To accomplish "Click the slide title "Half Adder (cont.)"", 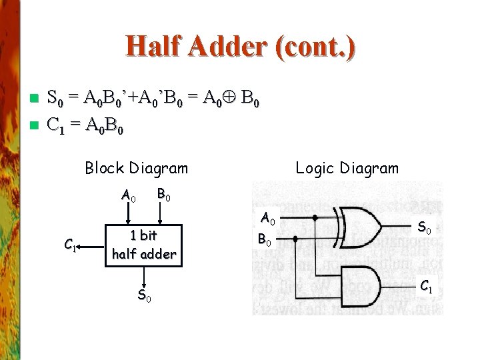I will [x=240, y=46].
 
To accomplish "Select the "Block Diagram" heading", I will [x=137, y=168].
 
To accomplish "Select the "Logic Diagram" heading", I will [x=347, y=168].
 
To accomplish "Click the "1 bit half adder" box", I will [x=144, y=244].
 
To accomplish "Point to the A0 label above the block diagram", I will [x=129, y=196].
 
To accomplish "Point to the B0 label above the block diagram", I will [x=163, y=195].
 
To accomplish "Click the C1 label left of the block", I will [x=70, y=245].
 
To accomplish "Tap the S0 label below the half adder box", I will [x=144, y=295].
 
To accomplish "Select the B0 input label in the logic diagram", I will [x=265, y=239].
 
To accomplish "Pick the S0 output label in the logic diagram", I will [x=424, y=229].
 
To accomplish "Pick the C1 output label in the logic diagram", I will [x=425, y=288].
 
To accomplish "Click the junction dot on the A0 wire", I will [x=315, y=217].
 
